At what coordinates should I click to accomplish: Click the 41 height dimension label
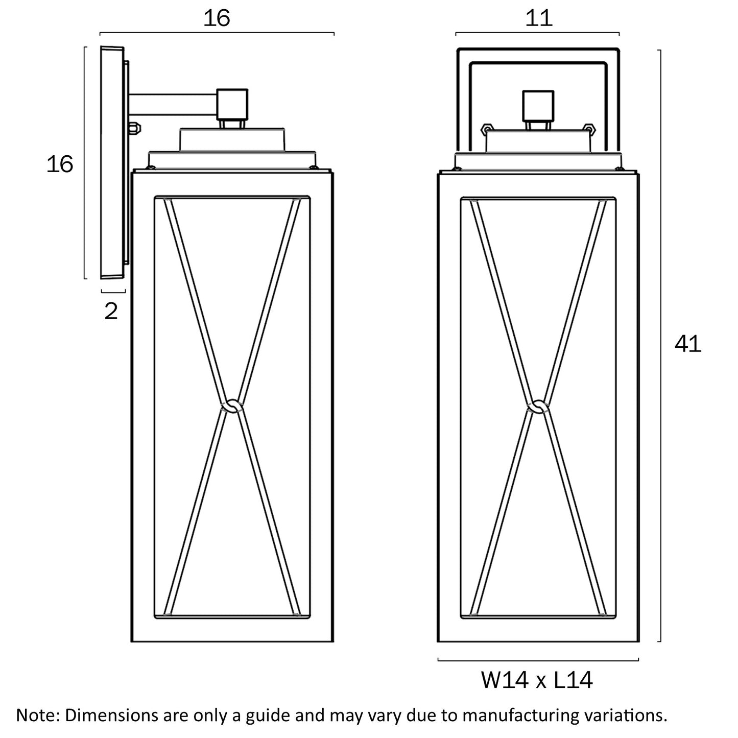[688, 345]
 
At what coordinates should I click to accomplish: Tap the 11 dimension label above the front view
[539, 18]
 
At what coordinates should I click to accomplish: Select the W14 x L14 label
[537, 680]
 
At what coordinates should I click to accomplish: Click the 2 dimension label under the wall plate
[111, 311]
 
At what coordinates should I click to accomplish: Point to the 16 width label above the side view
[217, 18]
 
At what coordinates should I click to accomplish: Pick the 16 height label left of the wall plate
[60, 164]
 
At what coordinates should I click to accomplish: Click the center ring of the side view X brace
[232, 406]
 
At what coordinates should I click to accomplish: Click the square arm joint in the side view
[232, 103]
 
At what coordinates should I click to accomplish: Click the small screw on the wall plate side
[135, 128]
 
